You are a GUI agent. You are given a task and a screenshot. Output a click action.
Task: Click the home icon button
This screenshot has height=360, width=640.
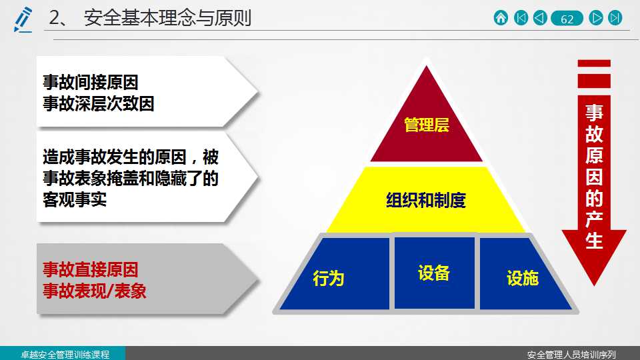click(501, 18)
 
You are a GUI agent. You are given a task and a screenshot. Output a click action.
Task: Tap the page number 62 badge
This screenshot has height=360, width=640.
click(567, 19)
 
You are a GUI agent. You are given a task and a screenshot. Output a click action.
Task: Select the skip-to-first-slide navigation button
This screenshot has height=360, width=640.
click(521, 18)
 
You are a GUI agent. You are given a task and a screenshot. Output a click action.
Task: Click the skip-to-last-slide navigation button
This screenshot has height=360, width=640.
click(615, 18)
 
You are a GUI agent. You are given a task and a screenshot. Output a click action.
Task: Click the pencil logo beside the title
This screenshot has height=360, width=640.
click(23, 19)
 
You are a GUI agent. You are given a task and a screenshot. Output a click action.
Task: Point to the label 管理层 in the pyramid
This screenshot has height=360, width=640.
click(427, 125)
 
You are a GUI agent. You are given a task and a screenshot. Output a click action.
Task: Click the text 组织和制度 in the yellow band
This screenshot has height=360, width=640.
click(426, 201)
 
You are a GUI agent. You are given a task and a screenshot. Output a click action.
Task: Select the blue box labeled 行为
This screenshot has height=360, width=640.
click(334, 273)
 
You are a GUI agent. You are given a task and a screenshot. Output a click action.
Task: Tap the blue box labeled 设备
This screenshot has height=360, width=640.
click(434, 273)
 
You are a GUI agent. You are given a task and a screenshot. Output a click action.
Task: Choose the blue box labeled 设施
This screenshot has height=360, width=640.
click(525, 273)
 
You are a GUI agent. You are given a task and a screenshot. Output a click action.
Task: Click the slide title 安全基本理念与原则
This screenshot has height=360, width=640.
click(167, 18)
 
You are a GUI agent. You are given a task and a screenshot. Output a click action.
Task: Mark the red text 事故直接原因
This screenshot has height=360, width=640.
click(91, 270)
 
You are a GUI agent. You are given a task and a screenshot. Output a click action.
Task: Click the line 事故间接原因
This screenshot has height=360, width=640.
click(91, 83)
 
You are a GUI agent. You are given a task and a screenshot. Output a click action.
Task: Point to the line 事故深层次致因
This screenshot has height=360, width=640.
click(99, 104)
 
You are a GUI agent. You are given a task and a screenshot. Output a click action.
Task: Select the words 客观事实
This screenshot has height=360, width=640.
click(75, 199)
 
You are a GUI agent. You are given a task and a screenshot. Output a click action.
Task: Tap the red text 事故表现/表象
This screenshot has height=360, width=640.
click(94, 291)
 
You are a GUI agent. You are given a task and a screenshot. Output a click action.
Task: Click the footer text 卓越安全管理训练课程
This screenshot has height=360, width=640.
click(65, 354)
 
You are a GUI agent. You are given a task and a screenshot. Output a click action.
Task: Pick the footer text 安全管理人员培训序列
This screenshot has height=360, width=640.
click(571, 355)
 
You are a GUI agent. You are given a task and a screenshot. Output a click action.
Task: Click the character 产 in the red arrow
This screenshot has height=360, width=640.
click(594, 219)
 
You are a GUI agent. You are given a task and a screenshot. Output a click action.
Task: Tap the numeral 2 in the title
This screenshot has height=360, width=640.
click(54, 18)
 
